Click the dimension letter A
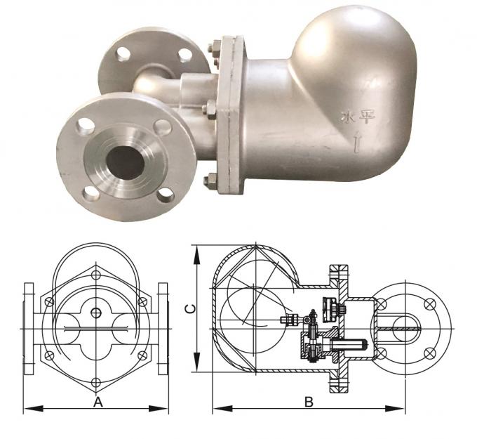[98, 402]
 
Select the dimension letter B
[308, 402]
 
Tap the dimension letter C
[188, 308]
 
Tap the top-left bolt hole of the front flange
[86, 126]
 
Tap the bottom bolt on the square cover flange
[208, 181]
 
